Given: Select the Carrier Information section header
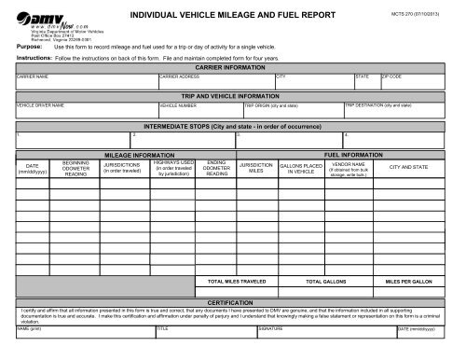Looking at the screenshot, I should coord(233,68).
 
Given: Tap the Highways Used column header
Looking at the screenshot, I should coord(174,168).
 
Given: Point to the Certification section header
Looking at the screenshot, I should coord(233,303).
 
